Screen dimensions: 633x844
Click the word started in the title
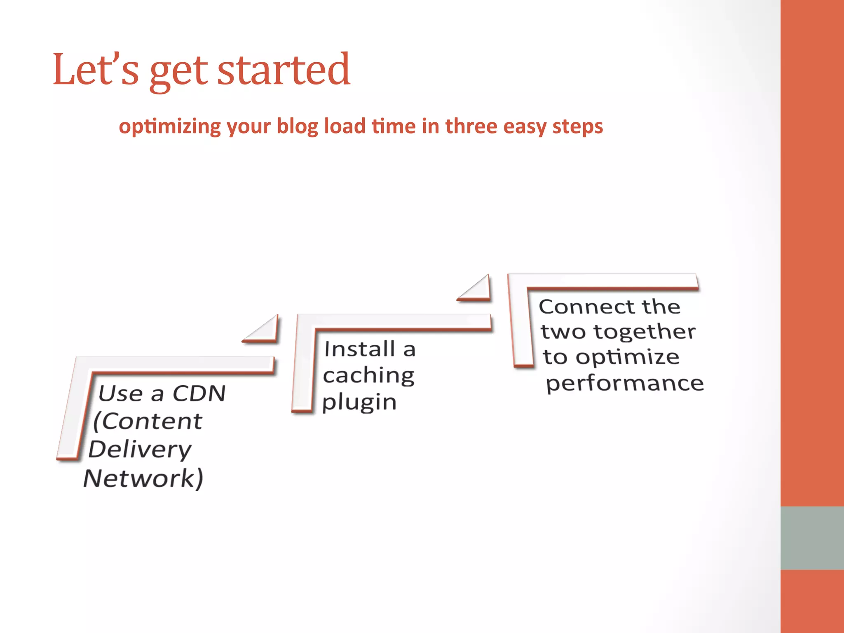[x=284, y=70]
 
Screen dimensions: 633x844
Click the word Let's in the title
[x=96, y=70]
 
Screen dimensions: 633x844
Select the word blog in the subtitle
[x=297, y=127]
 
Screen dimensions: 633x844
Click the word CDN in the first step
[x=199, y=393]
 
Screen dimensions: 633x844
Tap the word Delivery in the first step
[x=140, y=449]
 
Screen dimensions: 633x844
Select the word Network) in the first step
[x=143, y=478]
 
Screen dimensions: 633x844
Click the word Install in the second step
[x=359, y=349]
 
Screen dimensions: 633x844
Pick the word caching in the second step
[x=368, y=376]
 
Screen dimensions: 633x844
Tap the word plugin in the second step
[x=359, y=402]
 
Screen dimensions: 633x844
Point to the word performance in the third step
[x=625, y=384]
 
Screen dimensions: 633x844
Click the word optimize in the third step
[x=627, y=357]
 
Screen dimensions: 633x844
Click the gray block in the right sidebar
[x=812, y=538]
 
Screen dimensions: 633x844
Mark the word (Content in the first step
[x=148, y=421]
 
